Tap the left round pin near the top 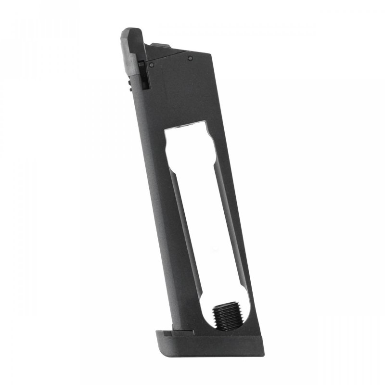coord(152,64)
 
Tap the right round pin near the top coord(190,58)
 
